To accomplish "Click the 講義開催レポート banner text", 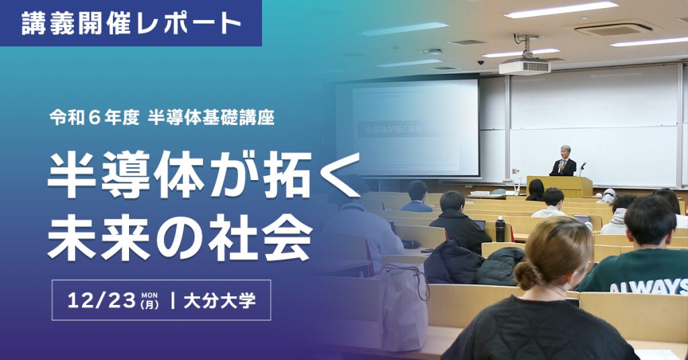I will click(131, 24).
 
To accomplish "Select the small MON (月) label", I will click(149, 300).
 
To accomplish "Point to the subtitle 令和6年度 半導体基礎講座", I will click(161, 118).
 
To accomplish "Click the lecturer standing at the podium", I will click(563, 161).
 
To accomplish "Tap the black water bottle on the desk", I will click(500, 229).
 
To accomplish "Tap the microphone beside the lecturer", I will click(583, 165).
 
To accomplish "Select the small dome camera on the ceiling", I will click(481, 62).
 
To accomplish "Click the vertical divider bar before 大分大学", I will click(174, 300).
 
